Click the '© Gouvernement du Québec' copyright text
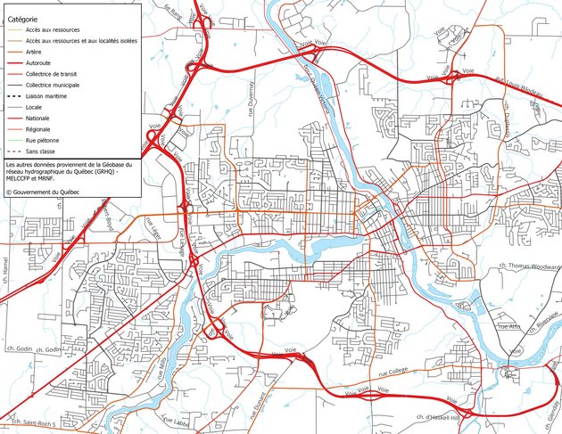point(49,191)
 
